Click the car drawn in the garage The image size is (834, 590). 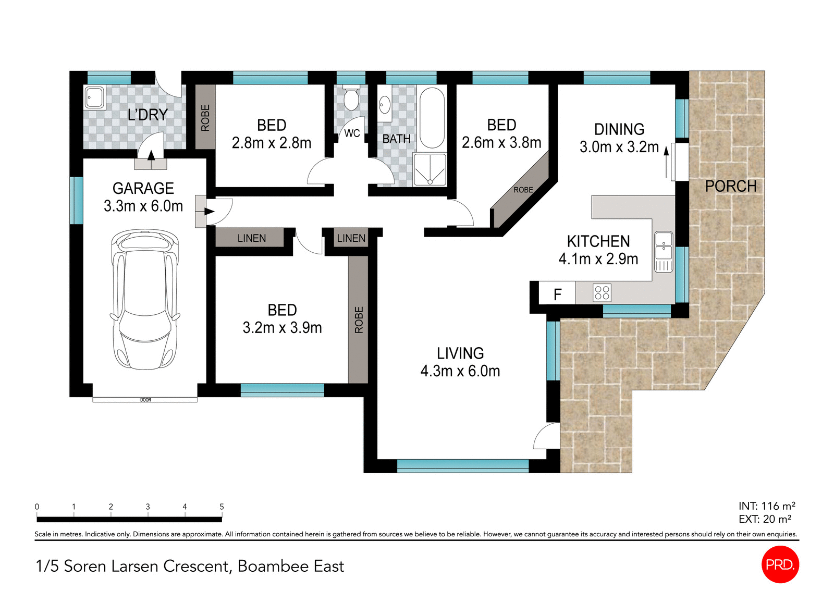(144, 300)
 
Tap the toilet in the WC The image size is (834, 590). (351, 99)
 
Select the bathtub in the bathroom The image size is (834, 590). (432, 118)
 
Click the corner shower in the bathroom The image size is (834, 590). (430, 169)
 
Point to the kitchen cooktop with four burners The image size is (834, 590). (602, 293)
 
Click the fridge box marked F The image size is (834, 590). (557, 294)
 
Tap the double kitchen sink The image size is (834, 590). (664, 245)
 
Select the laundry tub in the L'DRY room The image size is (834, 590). (94, 97)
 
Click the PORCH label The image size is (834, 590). (730, 186)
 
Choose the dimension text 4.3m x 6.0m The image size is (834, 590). (460, 371)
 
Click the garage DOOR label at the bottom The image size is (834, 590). (145, 400)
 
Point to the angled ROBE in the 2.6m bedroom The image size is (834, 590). (523, 190)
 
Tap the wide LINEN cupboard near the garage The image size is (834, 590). (251, 238)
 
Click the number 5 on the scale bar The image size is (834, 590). (222, 507)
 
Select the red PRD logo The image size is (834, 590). (780, 564)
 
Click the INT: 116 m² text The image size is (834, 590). (766, 506)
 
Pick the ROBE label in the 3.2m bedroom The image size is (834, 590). (359, 319)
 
